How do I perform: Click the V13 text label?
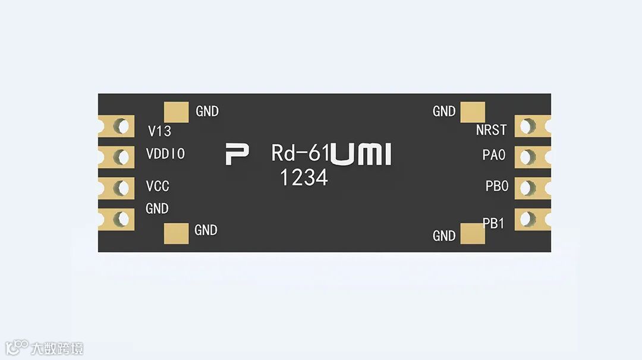(159, 131)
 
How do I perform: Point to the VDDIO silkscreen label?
(165, 154)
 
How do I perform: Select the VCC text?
(158, 187)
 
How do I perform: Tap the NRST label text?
(491, 130)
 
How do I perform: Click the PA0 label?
(493, 155)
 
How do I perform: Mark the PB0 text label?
(496, 186)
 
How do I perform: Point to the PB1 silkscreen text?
(493, 223)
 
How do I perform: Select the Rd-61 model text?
(300, 153)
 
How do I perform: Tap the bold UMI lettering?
(361, 154)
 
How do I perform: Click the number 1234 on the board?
(304, 177)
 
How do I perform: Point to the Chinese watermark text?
(58, 348)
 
